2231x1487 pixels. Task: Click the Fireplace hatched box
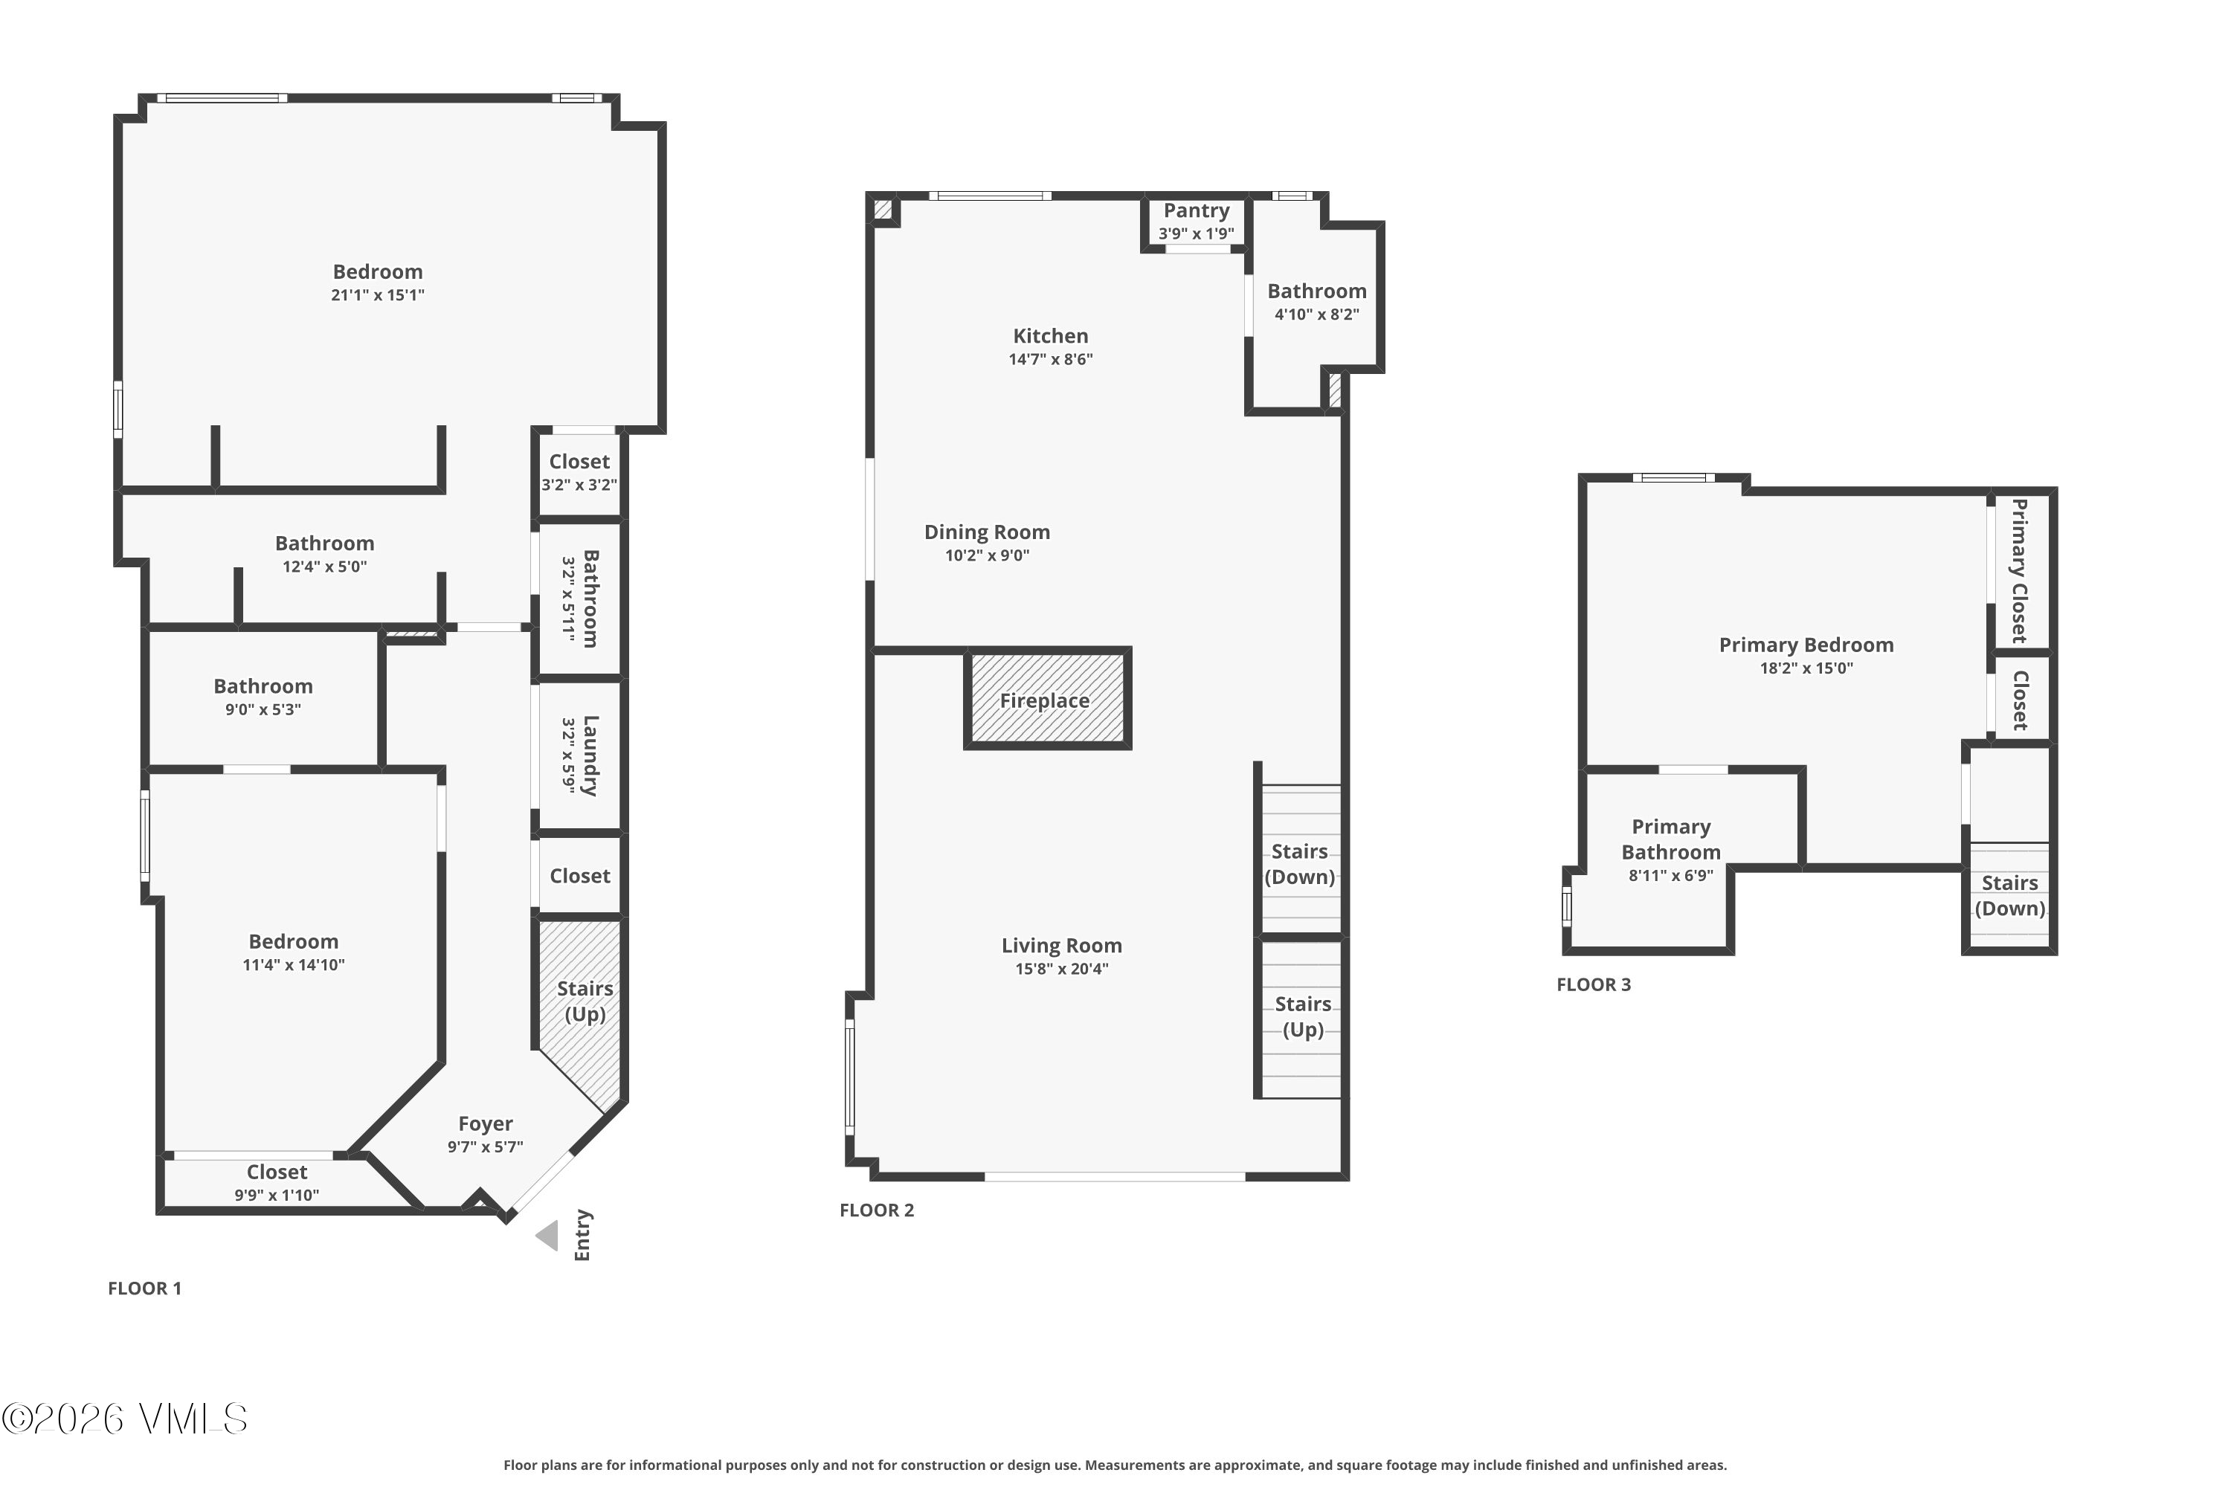click(x=1047, y=700)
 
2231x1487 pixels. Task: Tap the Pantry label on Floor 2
click(x=1196, y=210)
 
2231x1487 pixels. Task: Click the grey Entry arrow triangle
click(x=547, y=1236)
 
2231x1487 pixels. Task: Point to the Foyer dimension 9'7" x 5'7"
click(x=485, y=1146)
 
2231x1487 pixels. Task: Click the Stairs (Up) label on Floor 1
click(x=585, y=1001)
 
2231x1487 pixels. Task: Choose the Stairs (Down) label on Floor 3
click(x=2009, y=895)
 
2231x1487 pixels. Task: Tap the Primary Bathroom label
click(x=1670, y=839)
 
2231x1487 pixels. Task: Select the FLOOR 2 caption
click(x=877, y=1210)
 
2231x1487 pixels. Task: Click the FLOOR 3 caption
click(x=1594, y=984)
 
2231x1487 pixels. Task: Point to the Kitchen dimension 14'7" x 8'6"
click(x=1050, y=359)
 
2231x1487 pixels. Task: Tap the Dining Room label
click(x=987, y=532)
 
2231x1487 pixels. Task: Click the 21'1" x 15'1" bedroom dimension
click(x=378, y=295)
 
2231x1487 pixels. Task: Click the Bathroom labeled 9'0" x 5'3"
click(x=263, y=696)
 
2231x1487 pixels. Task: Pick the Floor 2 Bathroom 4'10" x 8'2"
click(x=1316, y=300)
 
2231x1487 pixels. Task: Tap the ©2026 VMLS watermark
click(x=124, y=1419)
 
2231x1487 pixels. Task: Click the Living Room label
click(x=1060, y=946)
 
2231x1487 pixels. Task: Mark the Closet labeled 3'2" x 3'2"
click(x=579, y=471)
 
